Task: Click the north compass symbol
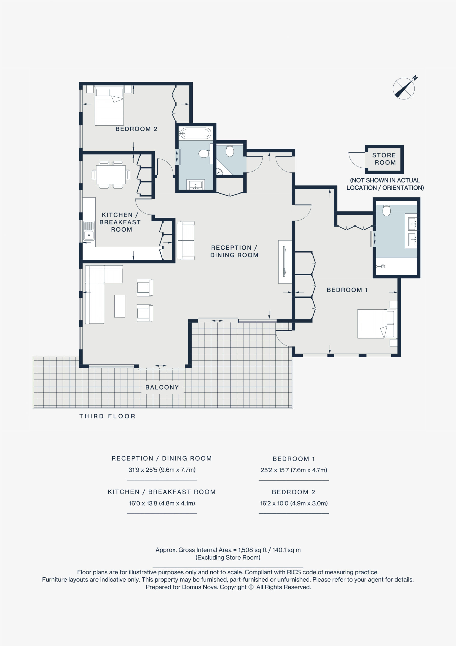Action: pos(404,88)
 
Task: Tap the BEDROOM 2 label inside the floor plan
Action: pos(136,129)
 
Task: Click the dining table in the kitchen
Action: pos(111,175)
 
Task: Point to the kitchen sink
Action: pos(89,231)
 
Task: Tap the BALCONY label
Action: pos(162,387)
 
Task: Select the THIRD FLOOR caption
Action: pos(107,416)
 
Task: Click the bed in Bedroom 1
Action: pos(377,324)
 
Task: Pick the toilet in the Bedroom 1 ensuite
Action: pos(387,210)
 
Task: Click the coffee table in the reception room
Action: pos(120,306)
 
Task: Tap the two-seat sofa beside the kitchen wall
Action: pos(186,240)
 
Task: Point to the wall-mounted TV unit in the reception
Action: pos(285,262)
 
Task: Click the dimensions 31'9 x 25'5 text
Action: pos(162,470)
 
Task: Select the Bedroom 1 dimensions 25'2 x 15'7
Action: pos(294,470)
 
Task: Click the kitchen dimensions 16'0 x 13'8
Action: pos(162,503)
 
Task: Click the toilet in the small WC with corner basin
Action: pos(230,151)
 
